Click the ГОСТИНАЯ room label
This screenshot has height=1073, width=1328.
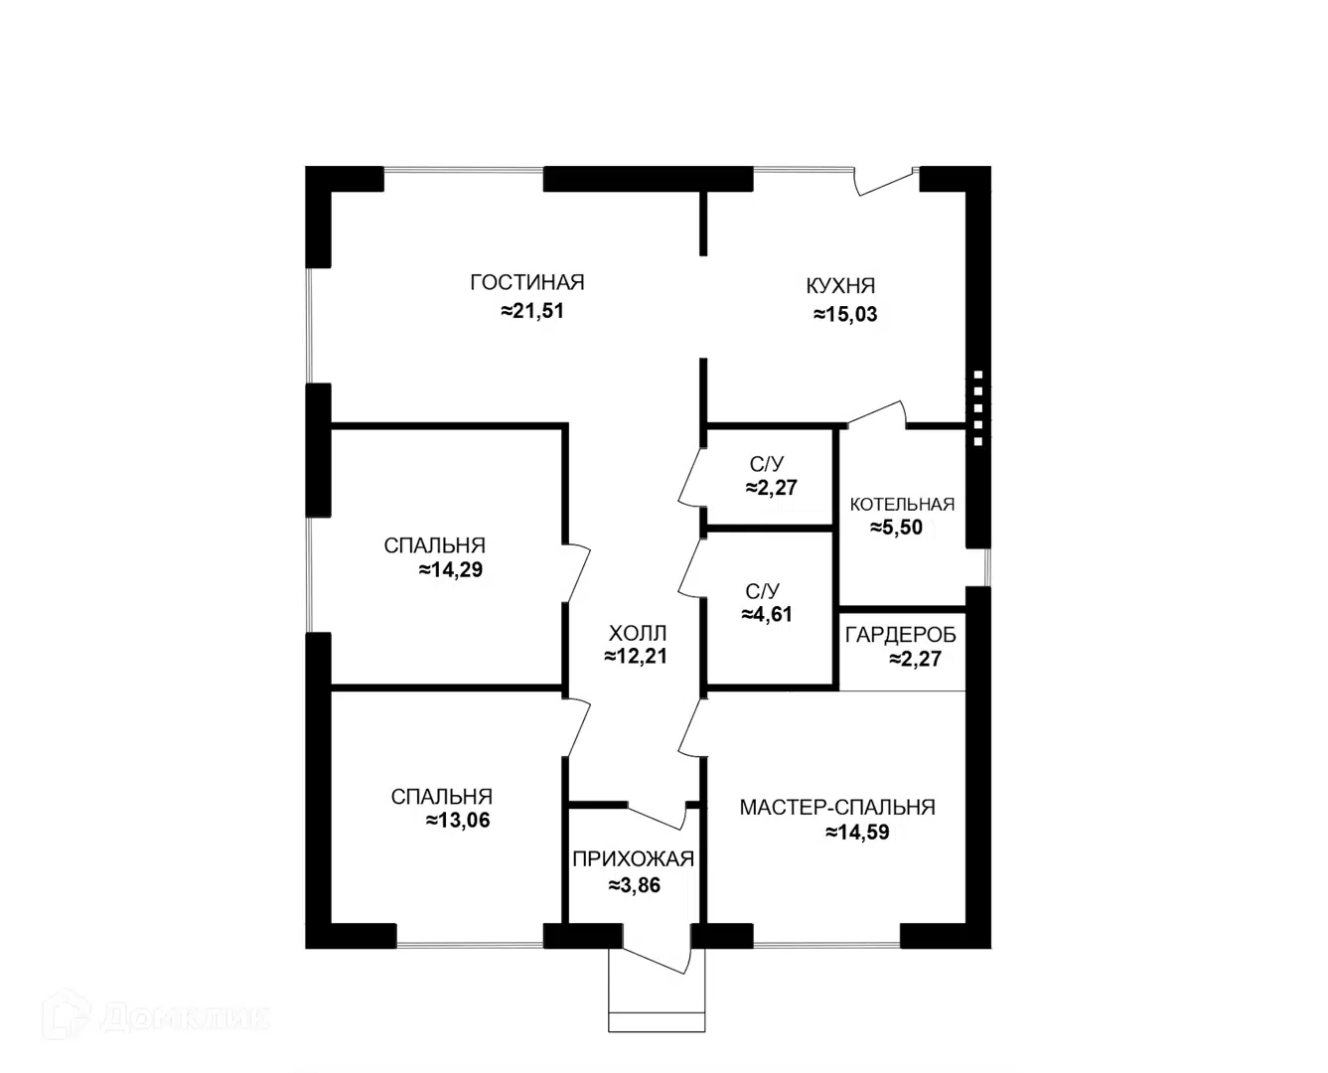coord(526,283)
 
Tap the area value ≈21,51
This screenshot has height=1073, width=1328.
coord(532,311)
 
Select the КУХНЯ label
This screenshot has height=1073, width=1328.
coord(840,286)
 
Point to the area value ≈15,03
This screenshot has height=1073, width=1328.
coord(845,314)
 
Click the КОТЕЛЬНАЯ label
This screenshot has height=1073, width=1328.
coord(902,505)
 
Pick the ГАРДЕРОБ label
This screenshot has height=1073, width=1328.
coord(900,635)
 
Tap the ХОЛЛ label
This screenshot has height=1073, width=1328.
coord(638,634)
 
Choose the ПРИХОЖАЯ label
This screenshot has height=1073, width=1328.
coord(633,859)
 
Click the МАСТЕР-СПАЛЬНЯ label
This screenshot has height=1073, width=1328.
coord(837,808)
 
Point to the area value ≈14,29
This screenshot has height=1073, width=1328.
coord(451,570)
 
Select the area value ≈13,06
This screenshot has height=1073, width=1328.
coord(458,821)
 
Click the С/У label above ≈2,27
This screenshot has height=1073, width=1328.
coord(766,465)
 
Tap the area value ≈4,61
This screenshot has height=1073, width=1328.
coord(767,614)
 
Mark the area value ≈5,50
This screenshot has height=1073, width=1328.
coord(896,528)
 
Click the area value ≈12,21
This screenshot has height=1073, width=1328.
coord(636,656)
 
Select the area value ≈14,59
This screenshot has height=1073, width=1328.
coord(857,833)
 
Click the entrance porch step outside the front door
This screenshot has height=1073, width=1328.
coord(657,1021)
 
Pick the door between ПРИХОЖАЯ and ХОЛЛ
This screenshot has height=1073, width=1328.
coord(658,817)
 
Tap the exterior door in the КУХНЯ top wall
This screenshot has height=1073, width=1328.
coord(886,182)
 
